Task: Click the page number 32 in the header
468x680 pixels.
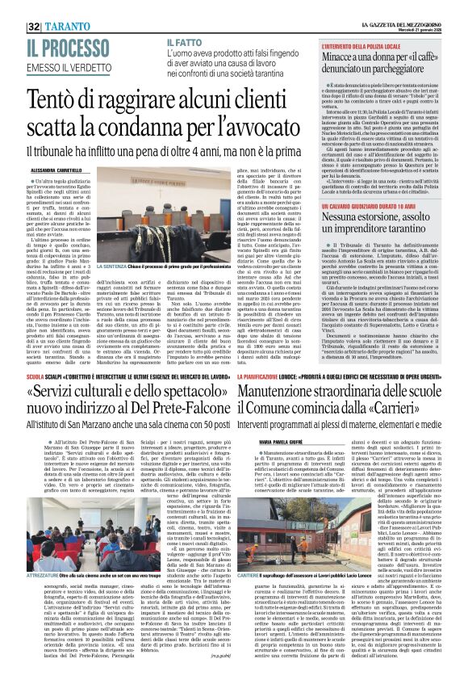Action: [x=33, y=25]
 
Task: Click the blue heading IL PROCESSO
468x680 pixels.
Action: [x=77, y=47]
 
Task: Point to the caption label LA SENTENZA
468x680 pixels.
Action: [x=113, y=266]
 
